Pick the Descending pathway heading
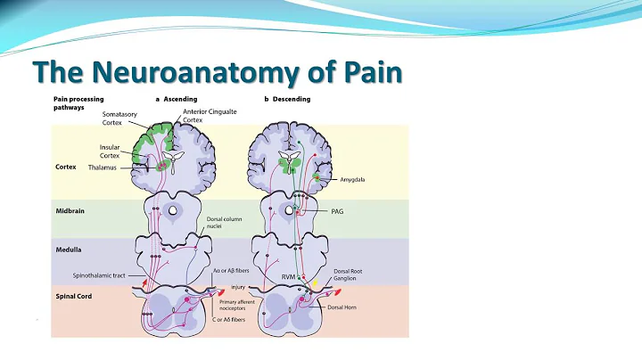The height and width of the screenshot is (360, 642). point(291,99)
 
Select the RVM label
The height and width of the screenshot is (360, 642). point(287,277)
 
